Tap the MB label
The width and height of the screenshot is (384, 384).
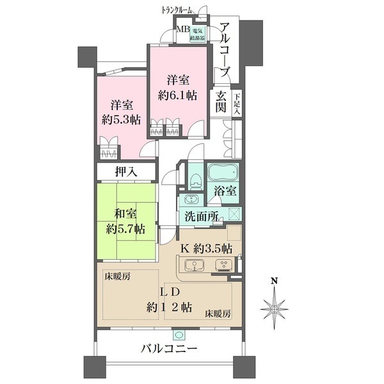tap(182, 30)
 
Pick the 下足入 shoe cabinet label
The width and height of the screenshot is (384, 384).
tap(237, 104)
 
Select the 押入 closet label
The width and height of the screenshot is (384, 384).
tap(125, 172)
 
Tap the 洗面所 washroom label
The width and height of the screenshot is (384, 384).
tap(202, 216)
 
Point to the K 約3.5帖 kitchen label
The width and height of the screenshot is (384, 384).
tap(205, 248)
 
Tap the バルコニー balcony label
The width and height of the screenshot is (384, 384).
tap(168, 349)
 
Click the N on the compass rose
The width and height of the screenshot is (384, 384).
tap(274, 281)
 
